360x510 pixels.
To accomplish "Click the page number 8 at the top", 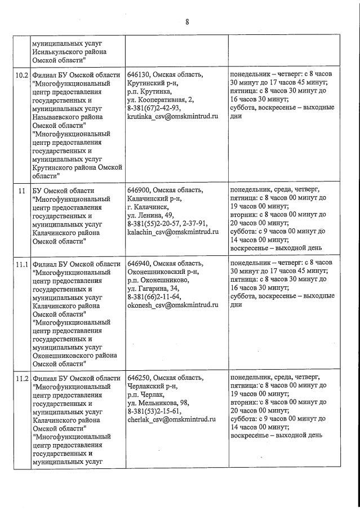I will pos(187,23).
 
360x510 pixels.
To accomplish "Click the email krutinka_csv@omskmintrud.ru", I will pos(172,116).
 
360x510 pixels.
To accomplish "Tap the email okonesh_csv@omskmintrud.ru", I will pos(172,305).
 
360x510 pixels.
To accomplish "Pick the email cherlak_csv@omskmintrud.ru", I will pos(172,419).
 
